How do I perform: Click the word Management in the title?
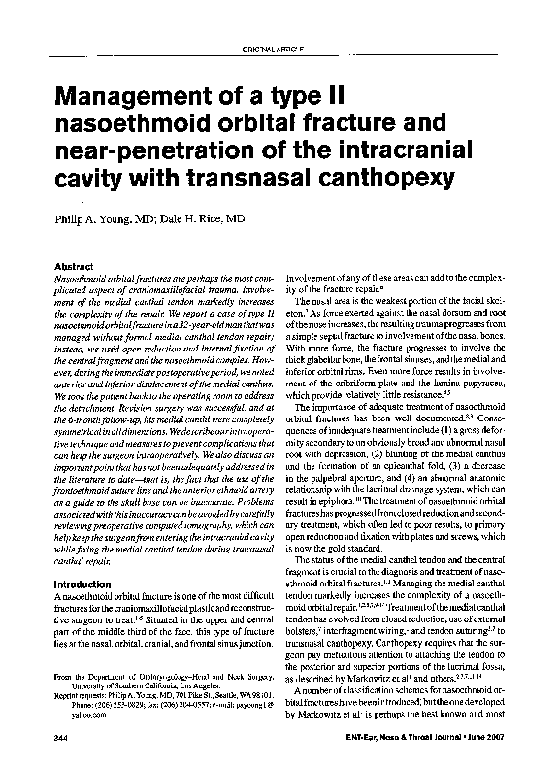click(143, 98)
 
